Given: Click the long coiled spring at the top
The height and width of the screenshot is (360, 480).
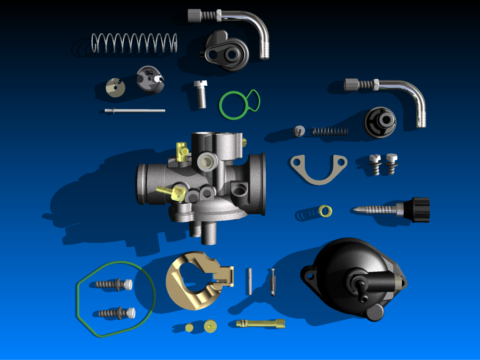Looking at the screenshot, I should tap(134, 43).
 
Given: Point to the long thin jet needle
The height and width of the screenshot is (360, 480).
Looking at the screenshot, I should tap(135, 111).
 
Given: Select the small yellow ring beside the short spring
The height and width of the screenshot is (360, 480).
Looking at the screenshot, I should tap(324, 211).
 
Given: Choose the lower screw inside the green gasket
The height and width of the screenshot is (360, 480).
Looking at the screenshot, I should tap(116, 313).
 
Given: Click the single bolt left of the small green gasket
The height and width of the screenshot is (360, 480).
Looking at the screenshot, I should tap(201, 94).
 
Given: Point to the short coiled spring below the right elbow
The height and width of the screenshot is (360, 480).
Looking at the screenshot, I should tap(330, 131).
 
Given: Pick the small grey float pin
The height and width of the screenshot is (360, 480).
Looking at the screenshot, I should tap(249, 281).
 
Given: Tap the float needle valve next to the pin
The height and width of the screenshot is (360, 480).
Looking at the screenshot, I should tap(272, 282).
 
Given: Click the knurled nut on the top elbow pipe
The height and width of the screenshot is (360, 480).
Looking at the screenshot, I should tap(195, 16).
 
